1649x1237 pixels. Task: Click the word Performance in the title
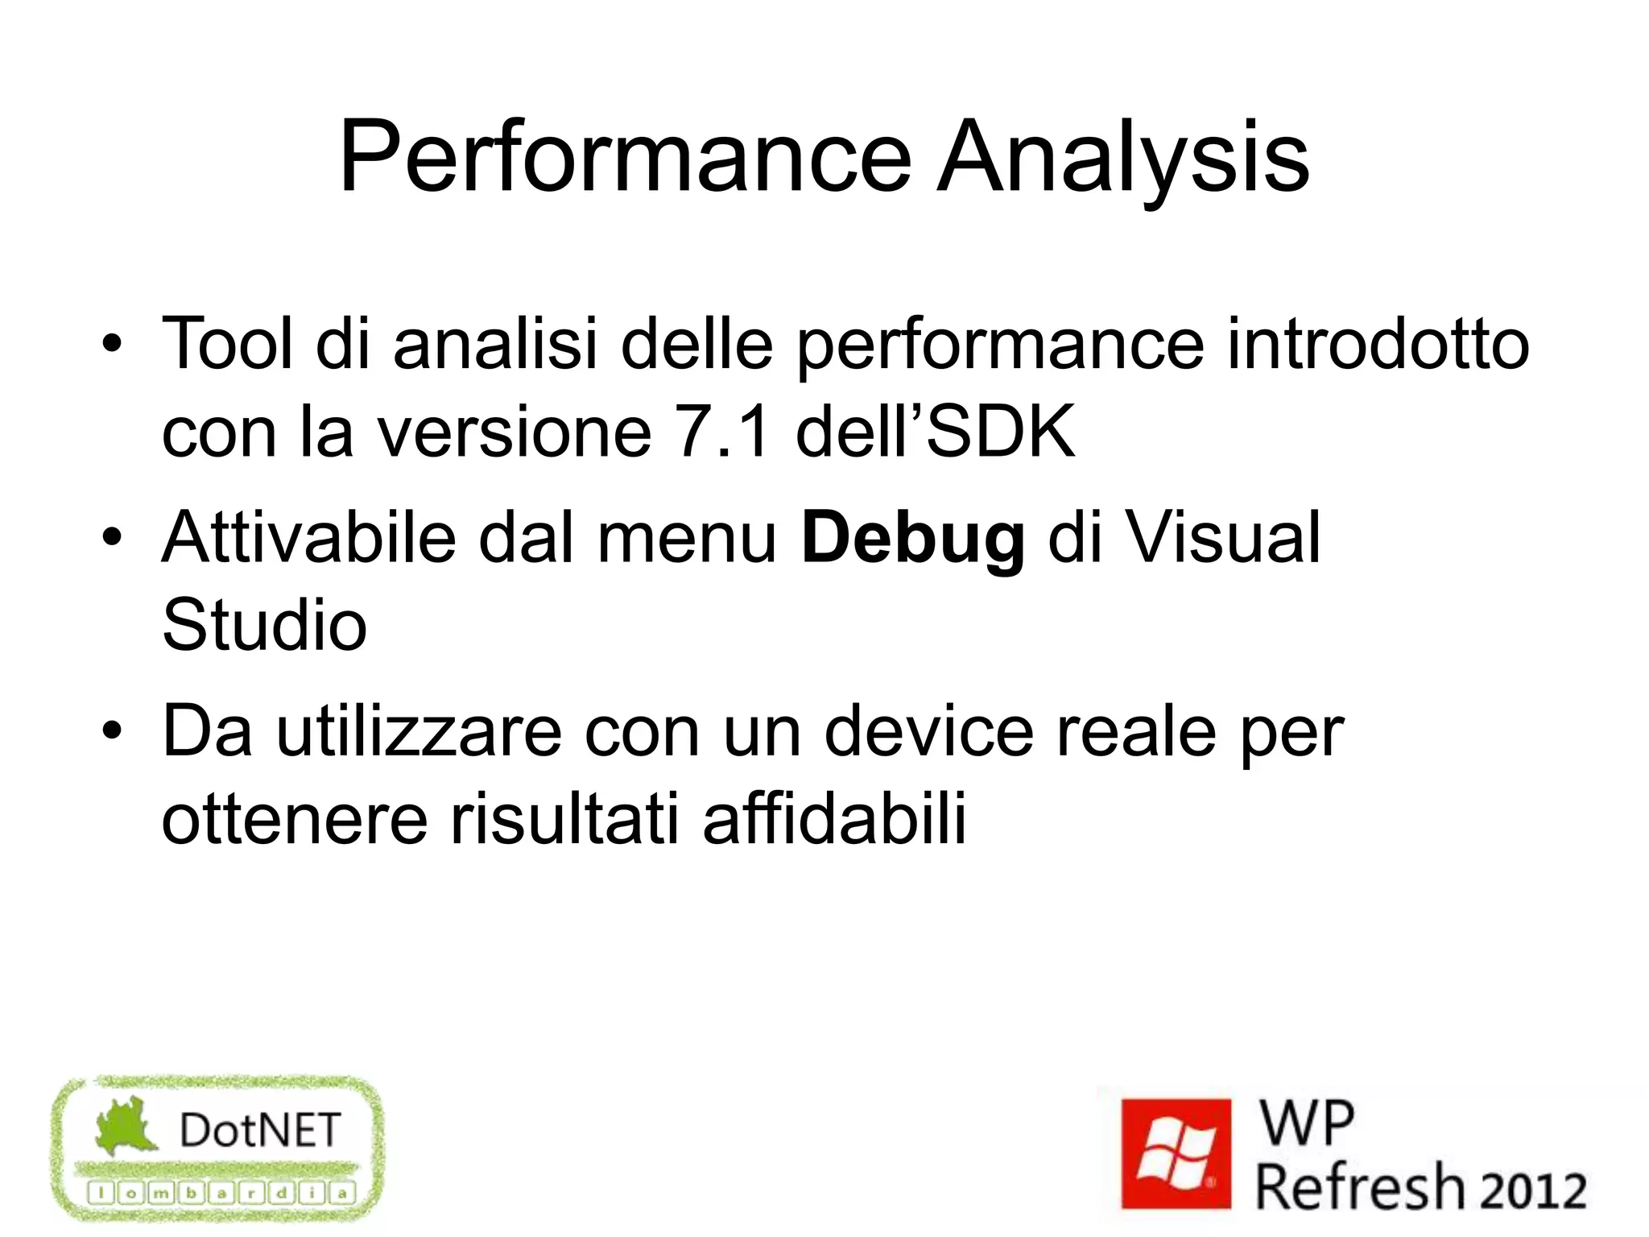click(624, 157)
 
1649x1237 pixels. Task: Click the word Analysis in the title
click(1123, 157)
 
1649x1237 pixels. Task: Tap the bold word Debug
click(913, 538)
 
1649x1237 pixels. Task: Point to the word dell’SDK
click(935, 432)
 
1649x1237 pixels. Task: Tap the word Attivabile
click(309, 538)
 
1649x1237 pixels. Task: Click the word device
click(929, 731)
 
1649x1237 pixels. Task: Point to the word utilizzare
click(419, 731)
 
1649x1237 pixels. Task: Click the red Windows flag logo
click(1176, 1153)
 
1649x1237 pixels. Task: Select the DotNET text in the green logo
click(260, 1130)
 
